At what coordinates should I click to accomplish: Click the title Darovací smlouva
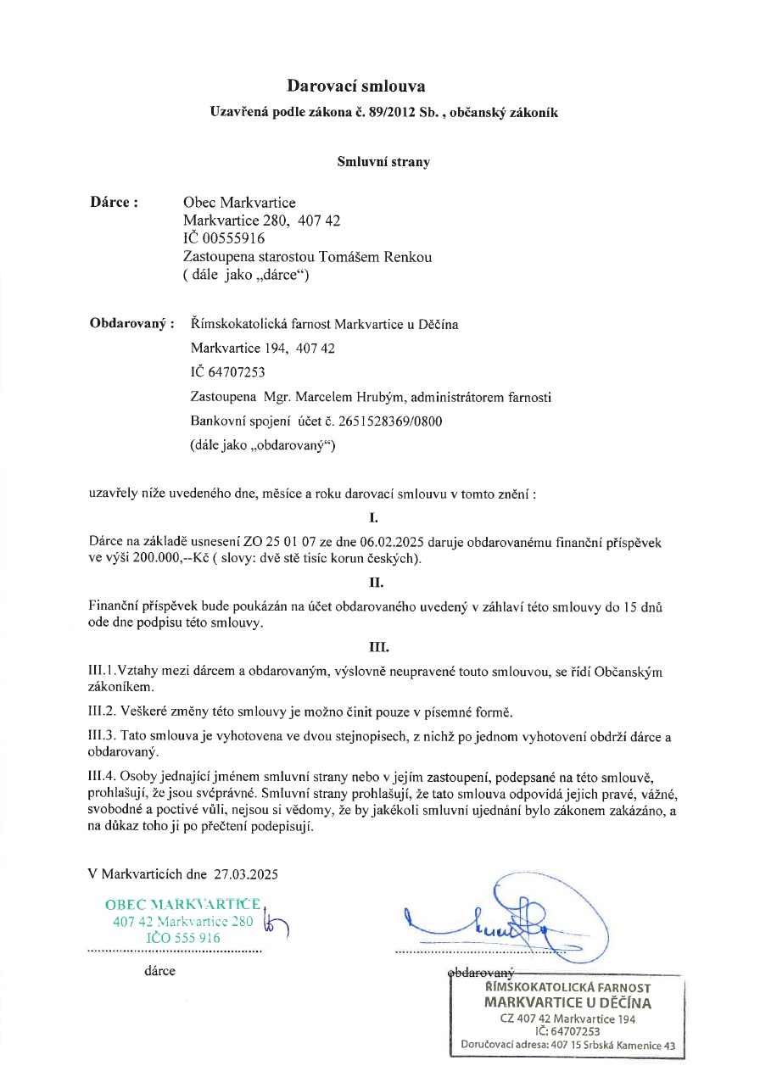point(355,86)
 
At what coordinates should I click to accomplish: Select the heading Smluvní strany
point(383,162)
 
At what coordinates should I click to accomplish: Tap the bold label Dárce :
point(115,203)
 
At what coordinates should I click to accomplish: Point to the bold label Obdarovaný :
point(132,324)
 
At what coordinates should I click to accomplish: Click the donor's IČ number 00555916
point(229,238)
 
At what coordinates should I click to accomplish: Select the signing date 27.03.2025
point(246,873)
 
